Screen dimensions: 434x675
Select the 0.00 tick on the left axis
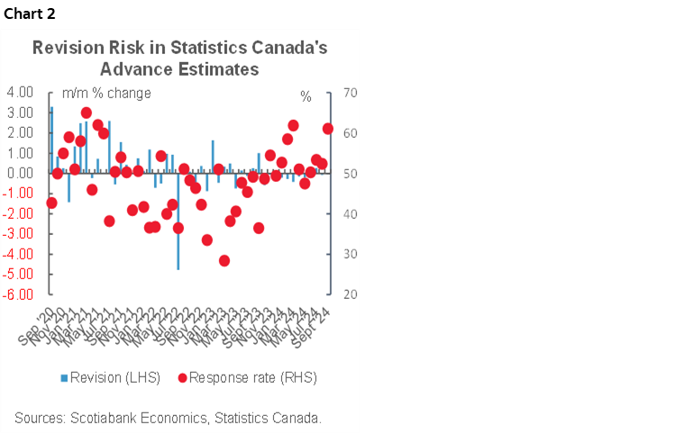[x=20, y=173]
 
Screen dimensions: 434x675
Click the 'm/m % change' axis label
[x=105, y=93]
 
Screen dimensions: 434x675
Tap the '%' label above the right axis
[x=306, y=95]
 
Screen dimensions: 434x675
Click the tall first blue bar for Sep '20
[x=51, y=140]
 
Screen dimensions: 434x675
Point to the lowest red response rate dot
[x=224, y=260]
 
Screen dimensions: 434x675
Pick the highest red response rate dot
[x=87, y=113]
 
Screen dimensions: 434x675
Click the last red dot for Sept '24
[x=328, y=129]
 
